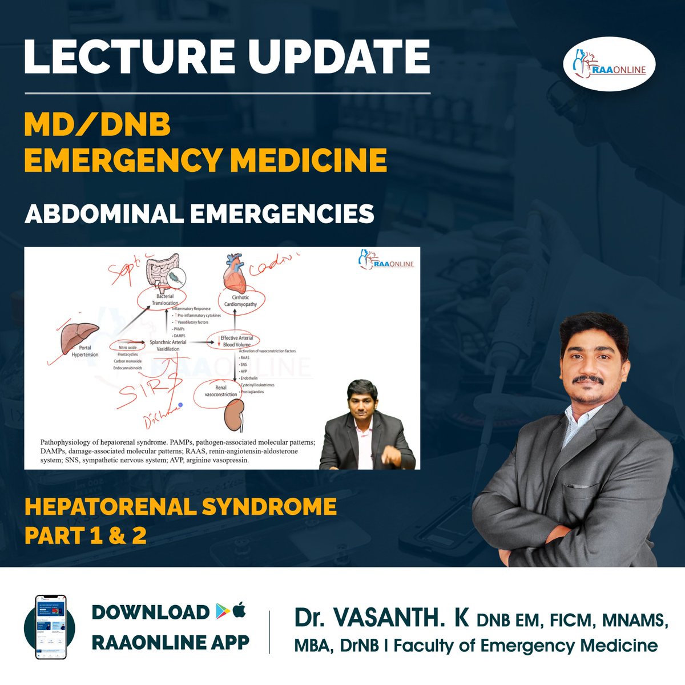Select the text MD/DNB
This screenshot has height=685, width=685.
[x=97, y=124]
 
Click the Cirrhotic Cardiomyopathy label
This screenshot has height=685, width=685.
[x=240, y=301]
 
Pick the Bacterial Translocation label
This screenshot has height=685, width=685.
[x=165, y=300]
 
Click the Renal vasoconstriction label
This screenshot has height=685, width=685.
[x=221, y=391]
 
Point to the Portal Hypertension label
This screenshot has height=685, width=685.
[x=85, y=351]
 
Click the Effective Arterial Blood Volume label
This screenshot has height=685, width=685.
[x=236, y=341]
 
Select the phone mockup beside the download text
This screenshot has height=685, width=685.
[x=50, y=627]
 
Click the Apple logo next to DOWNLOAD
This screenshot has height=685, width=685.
[x=239, y=611]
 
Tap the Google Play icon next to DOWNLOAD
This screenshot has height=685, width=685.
[x=222, y=611]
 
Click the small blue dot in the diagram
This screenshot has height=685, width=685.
[x=180, y=405]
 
